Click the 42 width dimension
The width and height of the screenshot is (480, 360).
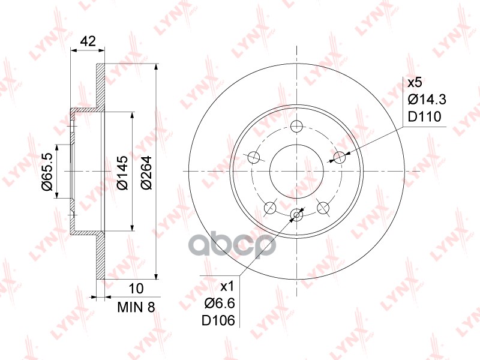point(88,41)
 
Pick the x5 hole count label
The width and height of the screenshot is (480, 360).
point(416,82)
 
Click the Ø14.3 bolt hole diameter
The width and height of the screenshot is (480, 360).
point(427,99)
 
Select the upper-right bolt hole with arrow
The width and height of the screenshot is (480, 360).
point(340,158)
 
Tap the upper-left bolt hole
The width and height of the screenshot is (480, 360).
point(254,158)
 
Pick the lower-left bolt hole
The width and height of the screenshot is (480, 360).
point(271,208)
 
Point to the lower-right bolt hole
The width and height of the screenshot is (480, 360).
point(323,208)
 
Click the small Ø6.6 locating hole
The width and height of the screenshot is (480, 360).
point(296,215)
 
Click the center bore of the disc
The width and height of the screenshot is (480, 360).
point(297,171)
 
